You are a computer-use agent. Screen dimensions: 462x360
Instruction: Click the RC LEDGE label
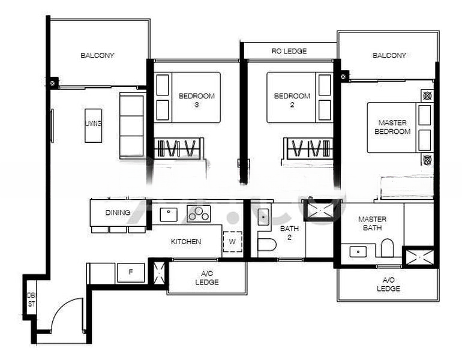click(289, 51)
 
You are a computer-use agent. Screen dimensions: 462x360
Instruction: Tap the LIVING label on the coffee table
click(94, 124)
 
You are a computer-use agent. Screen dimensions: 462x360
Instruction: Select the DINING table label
click(118, 212)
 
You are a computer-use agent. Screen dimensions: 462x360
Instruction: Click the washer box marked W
click(232, 242)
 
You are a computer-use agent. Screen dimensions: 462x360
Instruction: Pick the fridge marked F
click(131, 272)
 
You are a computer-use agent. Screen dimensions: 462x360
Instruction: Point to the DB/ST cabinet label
click(31, 299)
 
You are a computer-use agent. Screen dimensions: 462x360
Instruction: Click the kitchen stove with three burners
click(199, 213)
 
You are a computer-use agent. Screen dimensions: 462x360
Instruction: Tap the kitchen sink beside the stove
click(169, 214)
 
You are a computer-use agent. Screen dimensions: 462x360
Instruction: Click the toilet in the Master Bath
click(387, 248)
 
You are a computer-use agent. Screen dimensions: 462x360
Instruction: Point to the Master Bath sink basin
click(358, 252)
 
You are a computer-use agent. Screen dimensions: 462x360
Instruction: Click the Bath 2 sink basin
click(263, 217)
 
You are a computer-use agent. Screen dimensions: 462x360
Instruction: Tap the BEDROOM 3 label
click(197, 100)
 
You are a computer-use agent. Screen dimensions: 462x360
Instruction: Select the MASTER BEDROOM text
click(392, 127)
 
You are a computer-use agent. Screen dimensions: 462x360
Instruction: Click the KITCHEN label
click(186, 242)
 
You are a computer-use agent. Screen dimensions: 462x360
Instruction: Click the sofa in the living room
click(132, 125)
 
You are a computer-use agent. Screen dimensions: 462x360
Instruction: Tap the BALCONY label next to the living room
click(97, 55)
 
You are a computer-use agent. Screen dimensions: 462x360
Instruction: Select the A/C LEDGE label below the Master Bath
click(388, 284)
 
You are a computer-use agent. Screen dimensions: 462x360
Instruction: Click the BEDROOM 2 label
click(292, 100)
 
